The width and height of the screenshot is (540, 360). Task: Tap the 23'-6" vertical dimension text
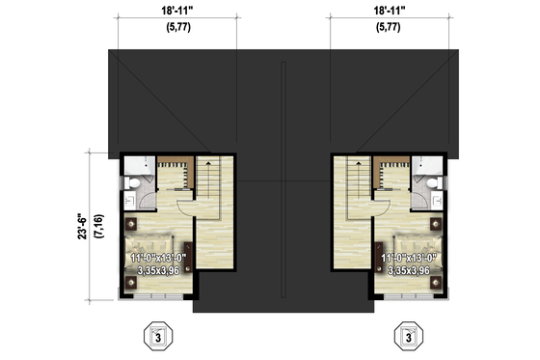87,224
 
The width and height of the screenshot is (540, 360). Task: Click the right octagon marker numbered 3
410,338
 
